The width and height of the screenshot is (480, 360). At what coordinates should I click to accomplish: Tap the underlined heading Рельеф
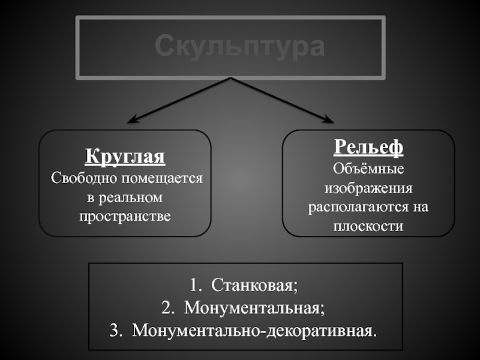coord(368,146)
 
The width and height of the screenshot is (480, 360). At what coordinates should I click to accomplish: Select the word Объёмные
coord(368,169)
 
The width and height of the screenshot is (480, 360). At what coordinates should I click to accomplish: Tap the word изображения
coord(368,188)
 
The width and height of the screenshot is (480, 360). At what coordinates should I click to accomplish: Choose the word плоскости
coord(368,226)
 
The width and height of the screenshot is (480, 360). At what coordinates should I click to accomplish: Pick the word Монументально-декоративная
coord(256,331)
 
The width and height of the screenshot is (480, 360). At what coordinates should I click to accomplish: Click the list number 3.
coord(115,331)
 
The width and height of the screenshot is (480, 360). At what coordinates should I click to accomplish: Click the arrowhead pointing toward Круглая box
coord(134,119)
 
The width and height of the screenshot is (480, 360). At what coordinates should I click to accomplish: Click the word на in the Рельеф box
coord(421,207)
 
